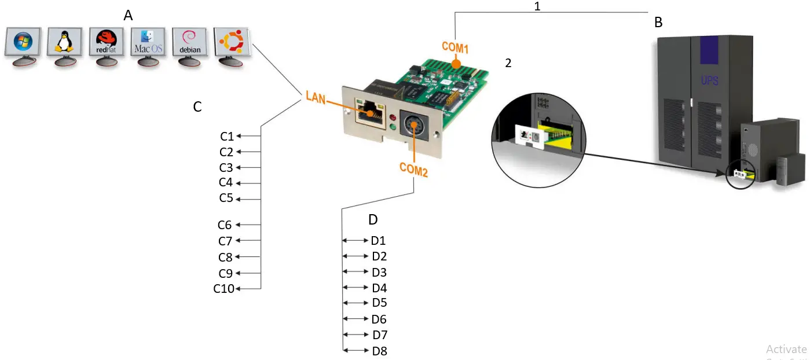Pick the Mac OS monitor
pos(148,43)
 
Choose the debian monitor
pos(190,43)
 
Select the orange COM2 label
pos(413,170)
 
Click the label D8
pos(380,351)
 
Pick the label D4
pos(379,288)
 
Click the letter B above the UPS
pos(658,23)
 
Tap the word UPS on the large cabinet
pos(709,80)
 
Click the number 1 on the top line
pos(537,6)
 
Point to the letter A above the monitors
pos(128,16)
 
